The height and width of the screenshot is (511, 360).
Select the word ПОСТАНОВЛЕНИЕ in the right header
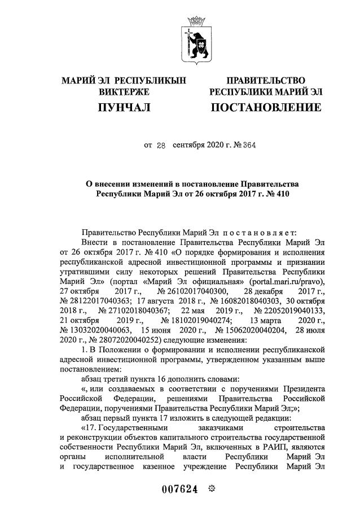click(x=266, y=107)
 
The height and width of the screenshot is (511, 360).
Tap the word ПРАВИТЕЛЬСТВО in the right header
click(x=266, y=81)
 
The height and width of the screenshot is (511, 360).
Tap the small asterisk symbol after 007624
click(x=211, y=488)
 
